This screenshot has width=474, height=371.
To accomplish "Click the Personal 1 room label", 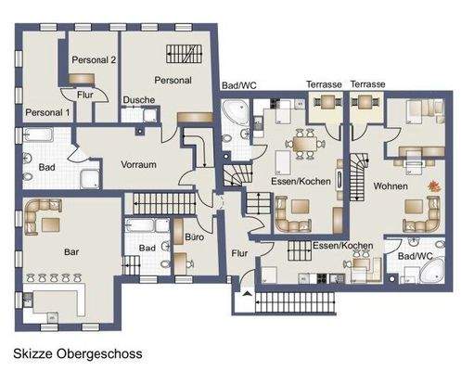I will point(47,112).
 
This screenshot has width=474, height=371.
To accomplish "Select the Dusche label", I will point(138,100).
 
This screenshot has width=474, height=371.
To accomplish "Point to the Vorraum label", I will point(137,164).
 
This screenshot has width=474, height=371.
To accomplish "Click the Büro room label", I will point(194,238).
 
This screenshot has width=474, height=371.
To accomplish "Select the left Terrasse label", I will point(325,84).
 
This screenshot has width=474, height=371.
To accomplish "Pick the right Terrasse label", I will point(368,84).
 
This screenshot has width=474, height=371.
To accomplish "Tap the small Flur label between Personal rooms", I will point(84,94).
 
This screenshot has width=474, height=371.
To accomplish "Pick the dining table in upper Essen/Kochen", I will point(301,143).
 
